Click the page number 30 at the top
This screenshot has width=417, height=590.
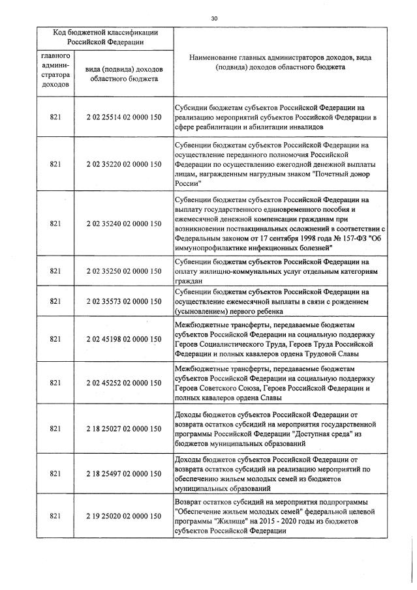(214, 19)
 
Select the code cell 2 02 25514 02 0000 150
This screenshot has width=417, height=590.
(123, 117)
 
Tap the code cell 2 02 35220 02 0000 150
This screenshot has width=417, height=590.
(123, 164)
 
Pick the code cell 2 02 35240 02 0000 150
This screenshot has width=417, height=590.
(123, 224)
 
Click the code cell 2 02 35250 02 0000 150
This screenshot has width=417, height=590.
(123, 271)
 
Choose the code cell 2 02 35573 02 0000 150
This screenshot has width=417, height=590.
(123, 301)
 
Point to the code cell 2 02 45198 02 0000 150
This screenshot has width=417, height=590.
(123, 339)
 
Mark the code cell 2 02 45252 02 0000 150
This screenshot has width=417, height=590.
(123, 384)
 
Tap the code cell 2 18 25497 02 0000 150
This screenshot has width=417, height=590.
(123, 473)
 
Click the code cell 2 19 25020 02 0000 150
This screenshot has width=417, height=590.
(123, 516)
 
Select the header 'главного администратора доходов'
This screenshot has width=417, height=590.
(55, 70)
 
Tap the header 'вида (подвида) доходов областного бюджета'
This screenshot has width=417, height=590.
(123, 74)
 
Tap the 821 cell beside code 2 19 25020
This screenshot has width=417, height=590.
(55, 516)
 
